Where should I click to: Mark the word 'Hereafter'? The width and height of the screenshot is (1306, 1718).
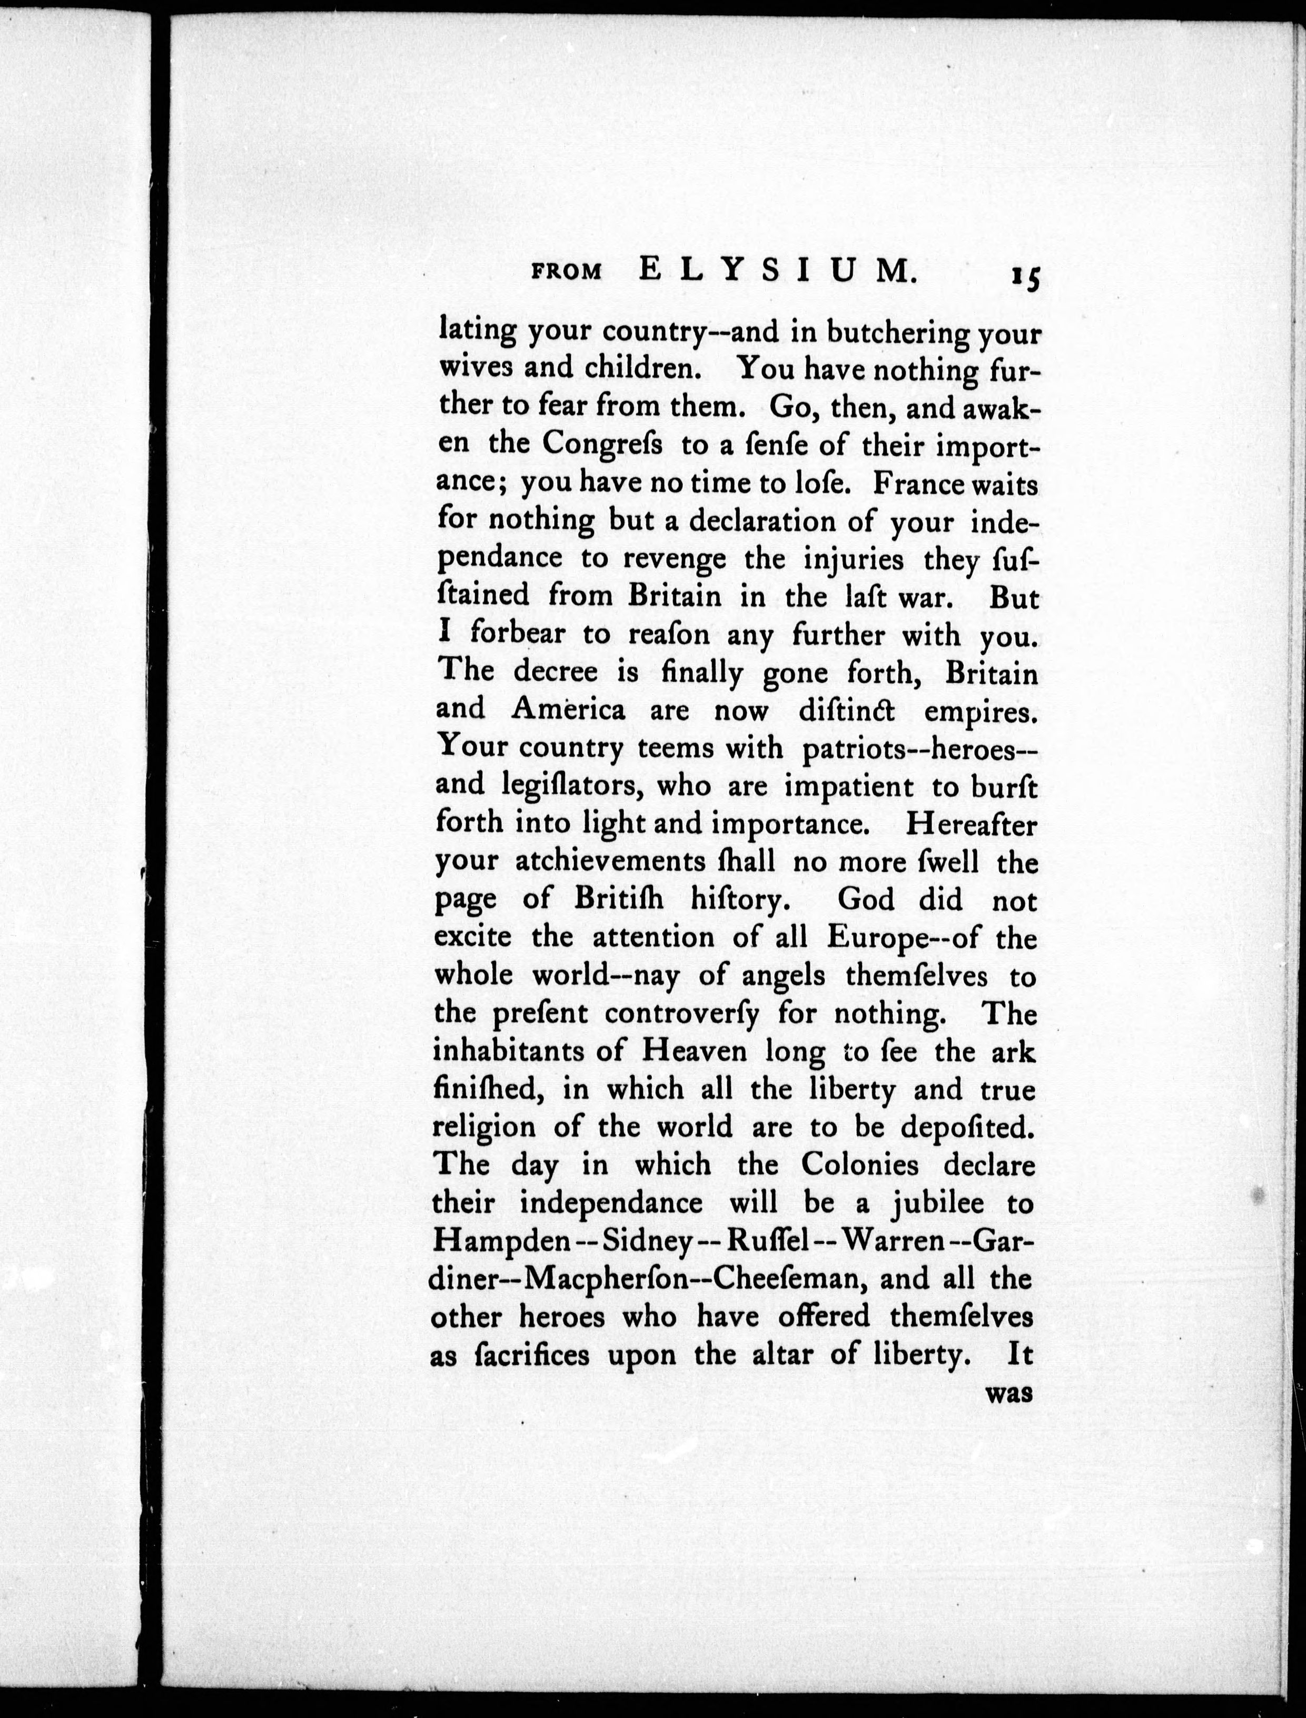coord(971,824)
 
